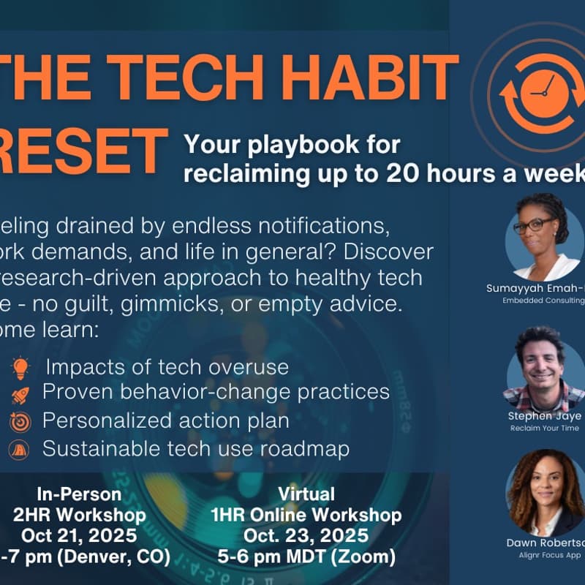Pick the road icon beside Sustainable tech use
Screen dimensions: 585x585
pyautogui.click(x=19, y=449)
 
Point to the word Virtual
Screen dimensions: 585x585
pyautogui.click(x=310, y=494)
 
